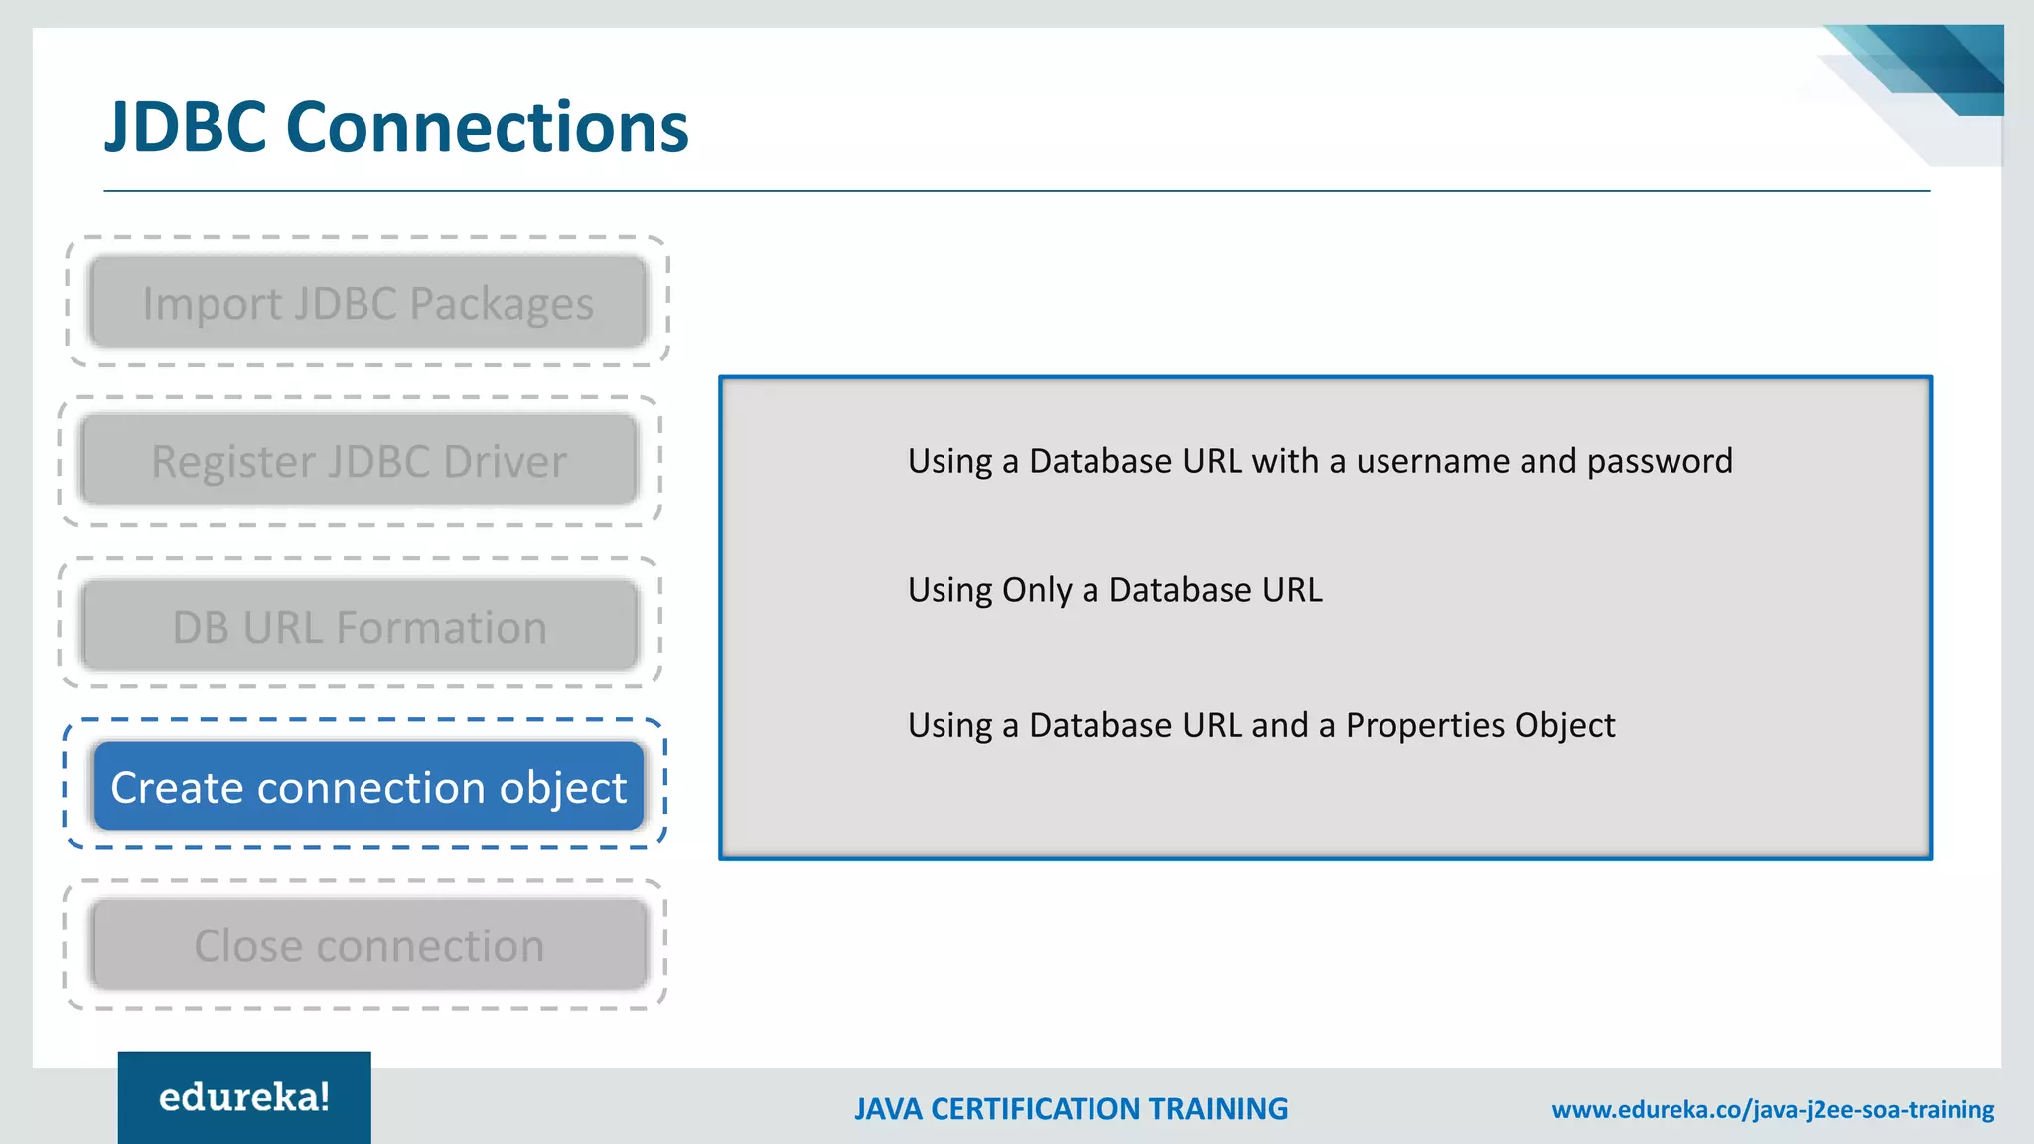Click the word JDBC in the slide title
click(x=186, y=127)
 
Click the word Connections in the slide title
click(x=487, y=127)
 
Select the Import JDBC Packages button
click(x=367, y=303)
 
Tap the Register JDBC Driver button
click(x=359, y=461)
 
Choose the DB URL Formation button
click(x=359, y=627)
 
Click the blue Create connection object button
click(x=368, y=786)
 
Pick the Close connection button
click(x=368, y=945)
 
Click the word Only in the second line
click(x=1038, y=590)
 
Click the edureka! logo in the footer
click(x=244, y=1097)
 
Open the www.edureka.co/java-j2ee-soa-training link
click(x=1773, y=1109)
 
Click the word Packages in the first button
click(x=502, y=304)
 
